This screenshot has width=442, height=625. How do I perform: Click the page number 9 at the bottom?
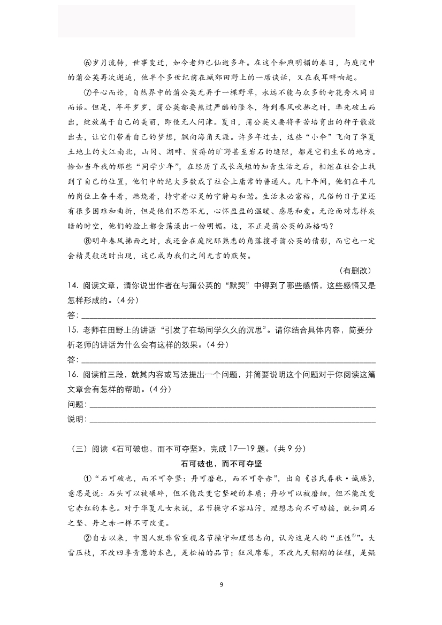tap(221, 583)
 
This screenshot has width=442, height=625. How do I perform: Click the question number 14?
tap(73, 286)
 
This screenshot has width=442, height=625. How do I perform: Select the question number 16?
tap(73, 375)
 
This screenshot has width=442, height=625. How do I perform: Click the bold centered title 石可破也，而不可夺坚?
tap(221, 464)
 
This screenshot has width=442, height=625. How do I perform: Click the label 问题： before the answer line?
tap(77, 404)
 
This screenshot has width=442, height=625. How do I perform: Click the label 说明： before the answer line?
tap(77, 419)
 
